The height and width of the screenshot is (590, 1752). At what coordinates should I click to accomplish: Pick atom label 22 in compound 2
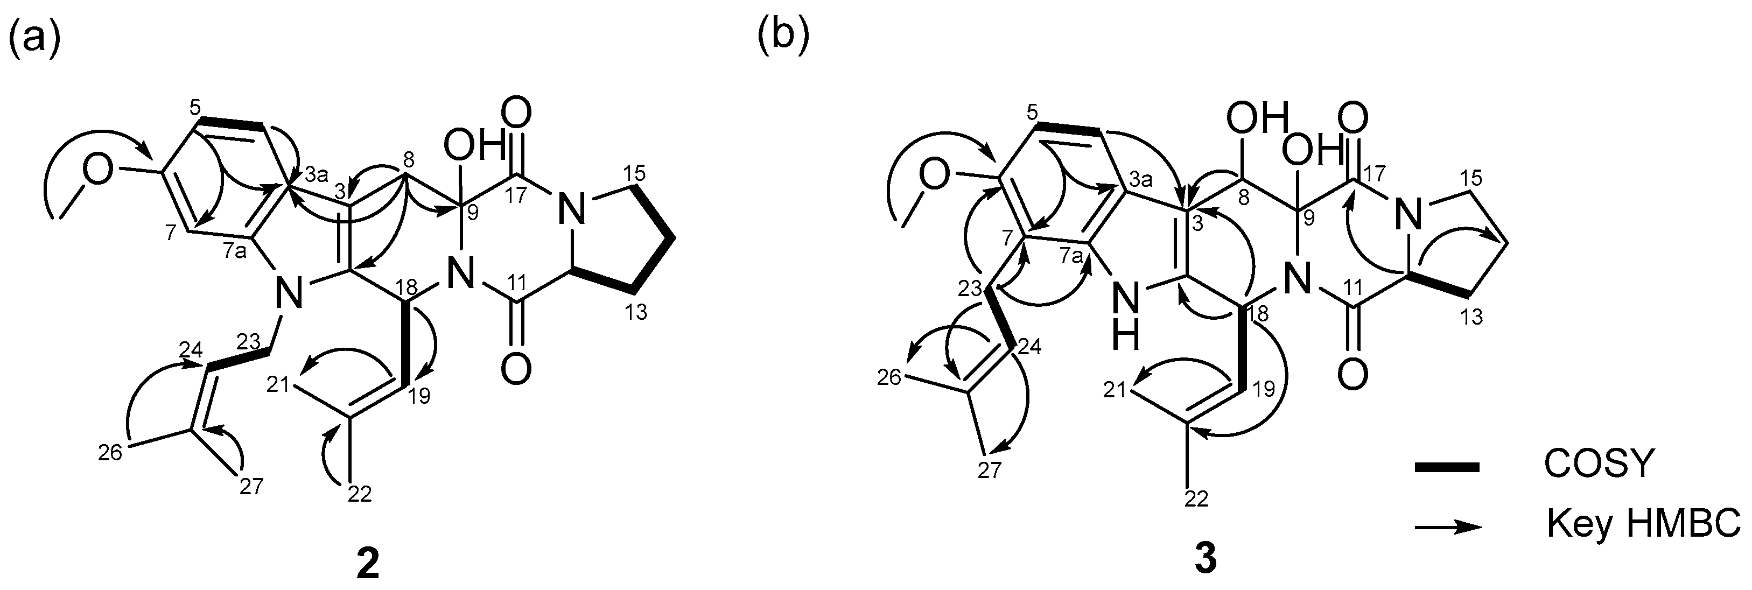coord(359,494)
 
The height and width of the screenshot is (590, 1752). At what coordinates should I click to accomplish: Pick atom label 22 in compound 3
coord(1197,498)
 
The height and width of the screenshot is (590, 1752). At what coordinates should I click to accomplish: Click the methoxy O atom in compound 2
coord(98,172)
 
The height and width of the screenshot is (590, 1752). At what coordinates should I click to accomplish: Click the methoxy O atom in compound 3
coord(935,176)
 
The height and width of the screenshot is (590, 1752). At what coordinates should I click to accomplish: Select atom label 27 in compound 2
coord(251,487)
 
